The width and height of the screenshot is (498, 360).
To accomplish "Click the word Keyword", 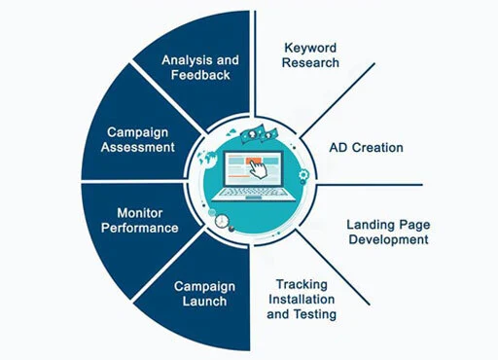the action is (x=310, y=49).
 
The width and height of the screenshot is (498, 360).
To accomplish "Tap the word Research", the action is (x=310, y=62).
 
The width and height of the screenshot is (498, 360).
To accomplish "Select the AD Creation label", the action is (x=366, y=148).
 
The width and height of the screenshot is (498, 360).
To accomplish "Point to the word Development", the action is (x=388, y=240).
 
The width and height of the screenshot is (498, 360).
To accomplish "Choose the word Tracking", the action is (x=302, y=285).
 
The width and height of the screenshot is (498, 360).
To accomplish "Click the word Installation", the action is (x=302, y=299).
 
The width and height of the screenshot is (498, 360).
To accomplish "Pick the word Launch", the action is (x=204, y=302).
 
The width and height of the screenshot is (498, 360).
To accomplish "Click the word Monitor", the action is (x=140, y=213).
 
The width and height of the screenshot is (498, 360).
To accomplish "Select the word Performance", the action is (x=140, y=228).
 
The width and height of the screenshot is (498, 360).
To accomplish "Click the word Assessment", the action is (x=138, y=147).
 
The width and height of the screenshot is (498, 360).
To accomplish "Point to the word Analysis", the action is (x=186, y=60).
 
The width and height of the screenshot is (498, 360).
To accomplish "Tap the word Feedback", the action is (x=200, y=75).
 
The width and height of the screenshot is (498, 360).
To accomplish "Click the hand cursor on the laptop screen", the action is (x=260, y=168).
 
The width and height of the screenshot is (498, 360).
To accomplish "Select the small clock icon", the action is (x=222, y=221).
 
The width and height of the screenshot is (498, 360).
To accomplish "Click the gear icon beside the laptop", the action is (x=303, y=175).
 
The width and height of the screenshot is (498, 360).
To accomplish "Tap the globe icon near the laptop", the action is (x=207, y=159).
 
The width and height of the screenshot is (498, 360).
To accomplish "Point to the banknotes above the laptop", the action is (x=259, y=134).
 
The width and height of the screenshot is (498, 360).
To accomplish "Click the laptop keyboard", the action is (x=254, y=192).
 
